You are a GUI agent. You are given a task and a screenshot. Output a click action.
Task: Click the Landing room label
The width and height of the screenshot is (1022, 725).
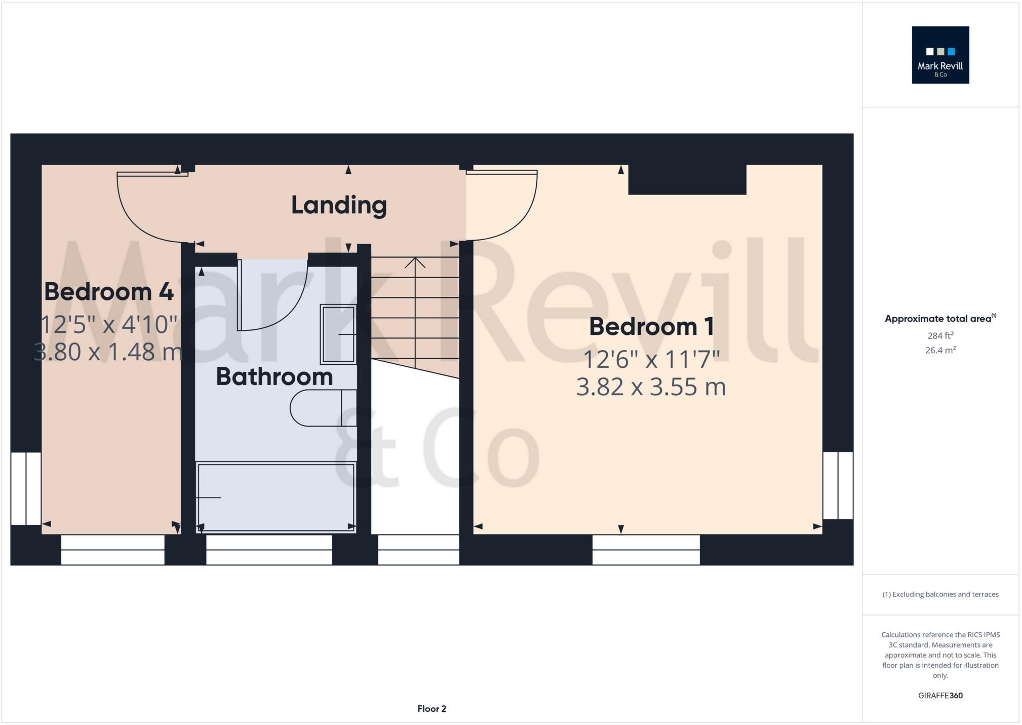click(x=339, y=205)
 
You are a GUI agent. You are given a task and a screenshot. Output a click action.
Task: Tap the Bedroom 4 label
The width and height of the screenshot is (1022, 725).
click(x=109, y=292)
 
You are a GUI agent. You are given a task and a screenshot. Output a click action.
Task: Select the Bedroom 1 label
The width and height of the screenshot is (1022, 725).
click(x=651, y=327)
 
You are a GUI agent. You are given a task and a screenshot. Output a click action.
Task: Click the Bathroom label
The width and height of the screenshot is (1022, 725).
click(x=274, y=377)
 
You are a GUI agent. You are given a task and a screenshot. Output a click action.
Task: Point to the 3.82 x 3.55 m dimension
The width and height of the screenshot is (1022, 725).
click(x=651, y=387)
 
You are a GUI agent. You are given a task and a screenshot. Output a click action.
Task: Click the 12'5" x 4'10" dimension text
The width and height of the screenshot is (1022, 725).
click(x=109, y=325)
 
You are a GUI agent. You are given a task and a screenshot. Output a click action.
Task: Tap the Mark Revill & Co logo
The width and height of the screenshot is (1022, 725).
click(x=940, y=55)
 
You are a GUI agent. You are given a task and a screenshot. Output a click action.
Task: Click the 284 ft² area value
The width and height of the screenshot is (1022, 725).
click(x=940, y=335)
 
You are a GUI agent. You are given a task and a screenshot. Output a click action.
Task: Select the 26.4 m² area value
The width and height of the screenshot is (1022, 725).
click(x=940, y=350)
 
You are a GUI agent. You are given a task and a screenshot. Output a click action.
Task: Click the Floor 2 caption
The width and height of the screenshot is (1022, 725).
click(x=431, y=709)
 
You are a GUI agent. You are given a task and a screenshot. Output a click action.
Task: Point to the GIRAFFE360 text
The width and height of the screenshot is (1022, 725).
click(x=940, y=696)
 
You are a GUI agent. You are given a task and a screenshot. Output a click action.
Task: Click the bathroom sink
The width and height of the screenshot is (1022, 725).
click(x=338, y=334)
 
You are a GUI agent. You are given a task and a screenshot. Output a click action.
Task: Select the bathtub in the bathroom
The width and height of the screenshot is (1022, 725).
click(x=276, y=497)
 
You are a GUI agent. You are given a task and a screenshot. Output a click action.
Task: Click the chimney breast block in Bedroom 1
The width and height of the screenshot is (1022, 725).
click(x=687, y=179)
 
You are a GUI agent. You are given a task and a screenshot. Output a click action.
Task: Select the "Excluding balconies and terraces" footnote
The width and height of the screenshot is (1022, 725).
click(x=940, y=594)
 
